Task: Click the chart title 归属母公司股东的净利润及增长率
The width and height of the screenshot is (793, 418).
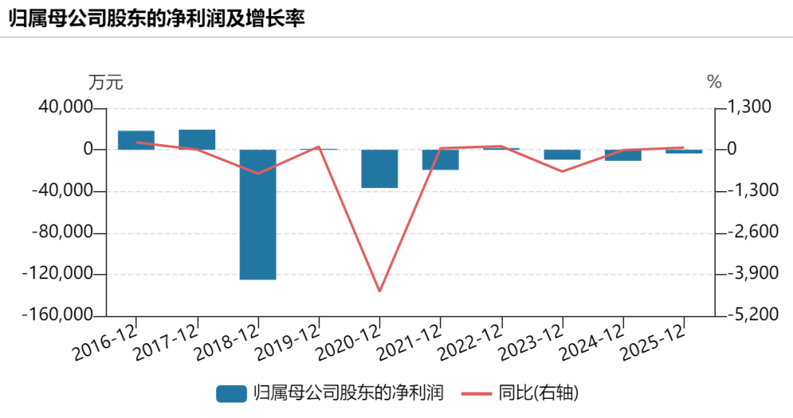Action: tap(157, 18)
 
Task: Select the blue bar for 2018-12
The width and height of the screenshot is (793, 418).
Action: tap(258, 215)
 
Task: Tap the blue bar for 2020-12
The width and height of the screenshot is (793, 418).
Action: tap(380, 169)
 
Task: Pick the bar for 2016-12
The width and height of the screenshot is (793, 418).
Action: tap(136, 140)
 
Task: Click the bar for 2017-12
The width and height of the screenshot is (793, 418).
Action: tap(198, 140)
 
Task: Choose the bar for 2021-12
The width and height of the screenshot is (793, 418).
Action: tap(441, 160)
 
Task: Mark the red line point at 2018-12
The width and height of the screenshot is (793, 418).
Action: tap(258, 173)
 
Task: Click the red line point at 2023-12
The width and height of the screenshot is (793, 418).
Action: tap(562, 171)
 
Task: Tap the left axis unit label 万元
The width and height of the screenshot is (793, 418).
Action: tap(106, 82)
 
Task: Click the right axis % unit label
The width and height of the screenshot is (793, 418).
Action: tap(714, 82)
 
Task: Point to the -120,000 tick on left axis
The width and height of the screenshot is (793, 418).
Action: tap(58, 274)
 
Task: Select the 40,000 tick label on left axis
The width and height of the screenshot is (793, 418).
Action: tap(66, 108)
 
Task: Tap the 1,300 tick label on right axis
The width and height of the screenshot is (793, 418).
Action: tap(750, 107)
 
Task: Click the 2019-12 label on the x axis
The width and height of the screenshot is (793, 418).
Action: tap(289, 342)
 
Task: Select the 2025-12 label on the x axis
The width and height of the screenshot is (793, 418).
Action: tap(653, 342)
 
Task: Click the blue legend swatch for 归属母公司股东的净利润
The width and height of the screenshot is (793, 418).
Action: tap(231, 393)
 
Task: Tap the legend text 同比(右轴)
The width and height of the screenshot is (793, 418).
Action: tap(538, 393)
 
